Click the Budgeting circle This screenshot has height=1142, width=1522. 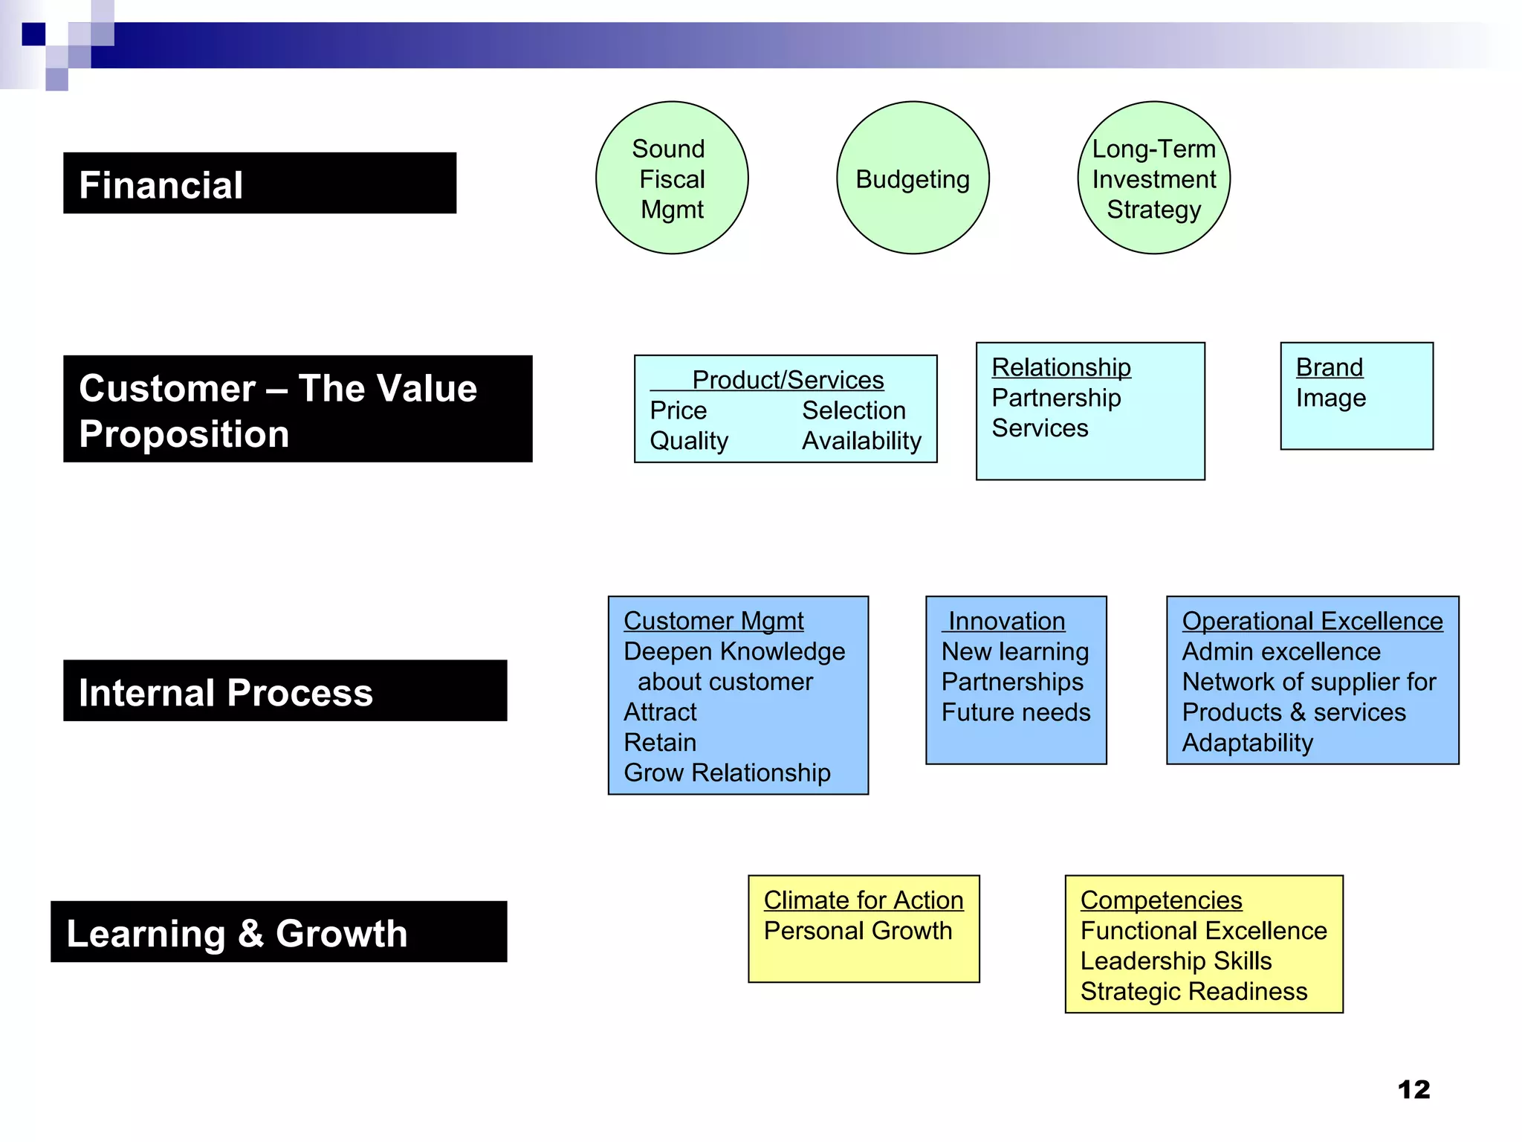point(913,178)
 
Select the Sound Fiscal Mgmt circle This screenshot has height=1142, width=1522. point(672,178)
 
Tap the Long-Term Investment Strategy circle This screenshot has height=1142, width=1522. point(1153,178)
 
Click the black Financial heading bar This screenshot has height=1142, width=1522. point(259,184)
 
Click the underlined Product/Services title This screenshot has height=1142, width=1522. point(788,380)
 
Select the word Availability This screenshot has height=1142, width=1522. point(861,441)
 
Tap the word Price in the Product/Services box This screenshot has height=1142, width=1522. point(678,410)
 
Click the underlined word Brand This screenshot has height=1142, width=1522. point(1329,367)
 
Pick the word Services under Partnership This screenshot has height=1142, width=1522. point(1040,428)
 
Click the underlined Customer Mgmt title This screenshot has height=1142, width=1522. point(713,621)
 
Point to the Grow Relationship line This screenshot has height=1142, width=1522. point(727,773)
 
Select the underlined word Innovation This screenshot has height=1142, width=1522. point(1006,621)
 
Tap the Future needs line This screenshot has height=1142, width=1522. point(1015,712)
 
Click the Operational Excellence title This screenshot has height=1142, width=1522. point(1312,621)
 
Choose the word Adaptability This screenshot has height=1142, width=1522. point(1247,743)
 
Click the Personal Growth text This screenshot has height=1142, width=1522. point(858,931)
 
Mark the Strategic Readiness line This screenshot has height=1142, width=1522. point(1194,992)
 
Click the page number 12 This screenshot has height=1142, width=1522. point(1413,1090)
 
